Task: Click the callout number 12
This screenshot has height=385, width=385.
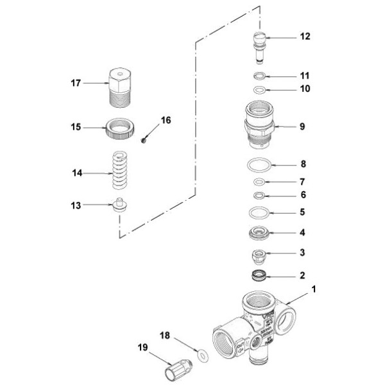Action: [x=304, y=37]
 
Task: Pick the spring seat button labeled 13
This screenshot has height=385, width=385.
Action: [x=119, y=207]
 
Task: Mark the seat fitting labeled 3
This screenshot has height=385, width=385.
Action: [x=260, y=257]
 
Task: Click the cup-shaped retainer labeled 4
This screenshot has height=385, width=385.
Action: [x=260, y=232]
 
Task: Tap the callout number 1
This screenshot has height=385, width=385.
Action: [x=314, y=289]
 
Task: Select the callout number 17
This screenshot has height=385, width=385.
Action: [x=76, y=82]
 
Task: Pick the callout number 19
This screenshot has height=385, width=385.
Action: [x=142, y=347]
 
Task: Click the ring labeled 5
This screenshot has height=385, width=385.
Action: [x=260, y=212]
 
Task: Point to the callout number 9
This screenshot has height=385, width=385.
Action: [x=302, y=126]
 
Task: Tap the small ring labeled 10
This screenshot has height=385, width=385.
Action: [x=260, y=89]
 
